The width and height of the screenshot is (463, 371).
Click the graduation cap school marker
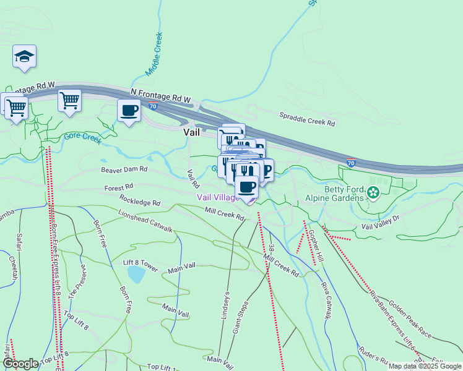pyautogui.click(x=25, y=56)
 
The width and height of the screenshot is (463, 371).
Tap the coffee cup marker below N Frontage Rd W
pyautogui.click(x=129, y=111)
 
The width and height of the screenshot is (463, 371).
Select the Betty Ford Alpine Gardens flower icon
pyautogui.click(x=373, y=193)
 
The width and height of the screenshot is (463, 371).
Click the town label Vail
pyautogui.click(x=191, y=132)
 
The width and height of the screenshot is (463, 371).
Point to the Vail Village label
pyautogui.click(x=218, y=197)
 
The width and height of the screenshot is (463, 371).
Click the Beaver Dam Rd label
pyautogui.click(x=124, y=168)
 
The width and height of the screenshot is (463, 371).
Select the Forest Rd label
pyautogui.click(x=119, y=186)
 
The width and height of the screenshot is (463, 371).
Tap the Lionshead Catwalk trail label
pyautogui.click(x=145, y=221)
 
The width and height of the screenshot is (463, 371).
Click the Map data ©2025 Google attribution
pyautogui.click(x=425, y=366)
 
